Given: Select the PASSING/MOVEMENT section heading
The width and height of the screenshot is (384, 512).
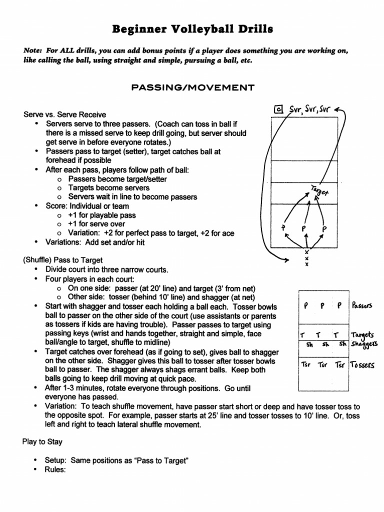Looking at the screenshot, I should [192, 88].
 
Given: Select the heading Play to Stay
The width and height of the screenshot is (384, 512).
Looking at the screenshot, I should [42, 442].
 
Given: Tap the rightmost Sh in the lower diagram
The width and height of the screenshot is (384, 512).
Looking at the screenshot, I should [342, 343].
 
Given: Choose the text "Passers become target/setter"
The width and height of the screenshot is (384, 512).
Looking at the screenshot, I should [117, 179].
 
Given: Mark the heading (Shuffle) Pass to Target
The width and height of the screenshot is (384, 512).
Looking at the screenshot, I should [62, 260].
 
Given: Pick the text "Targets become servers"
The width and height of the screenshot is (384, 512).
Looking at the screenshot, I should [109, 188].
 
